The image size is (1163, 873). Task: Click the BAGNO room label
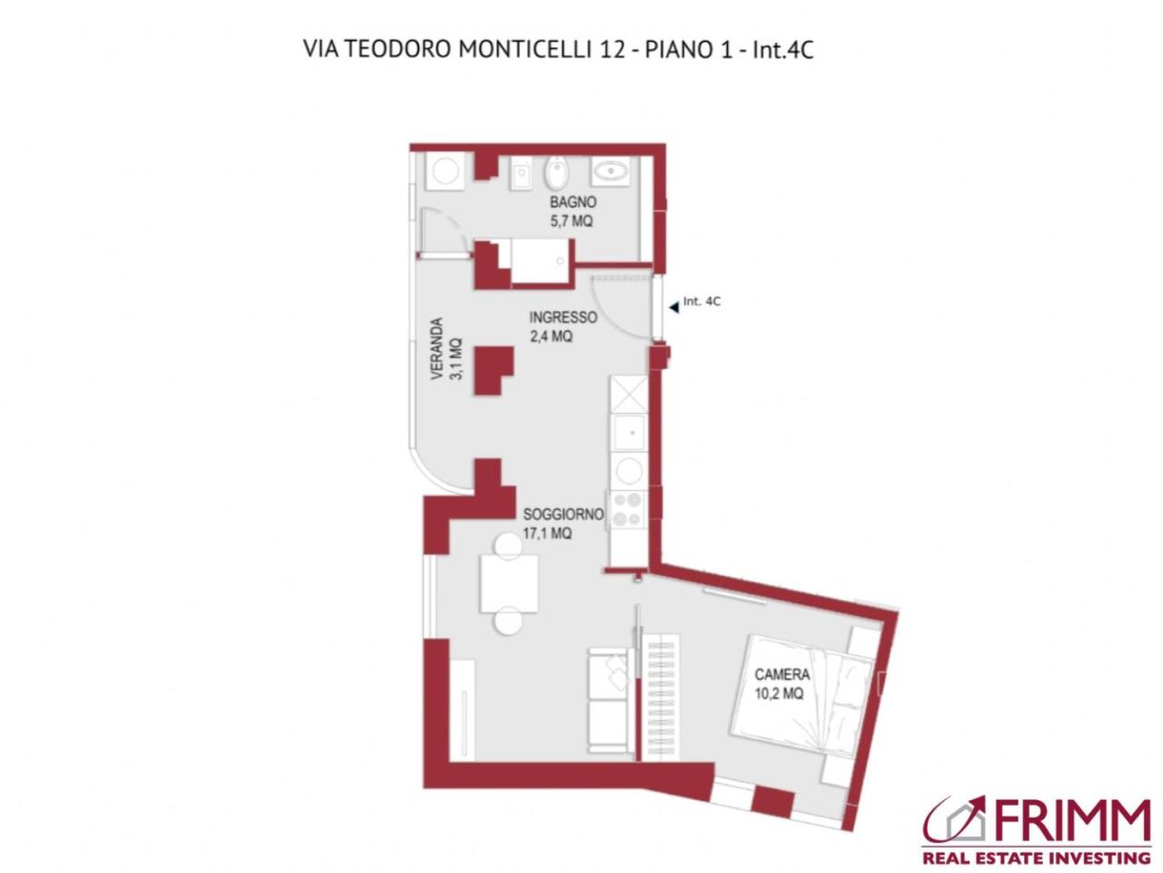point(572,203)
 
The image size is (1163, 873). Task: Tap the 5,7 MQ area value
point(572,221)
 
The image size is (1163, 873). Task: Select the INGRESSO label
point(563,317)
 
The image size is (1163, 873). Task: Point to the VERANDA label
point(437,348)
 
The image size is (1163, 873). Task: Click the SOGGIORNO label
point(563,515)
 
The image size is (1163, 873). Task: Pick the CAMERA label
point(782,675)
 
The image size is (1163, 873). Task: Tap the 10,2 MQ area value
point(779,694)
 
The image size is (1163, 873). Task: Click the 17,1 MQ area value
point(547,534)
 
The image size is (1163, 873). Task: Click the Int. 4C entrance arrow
point(673,307)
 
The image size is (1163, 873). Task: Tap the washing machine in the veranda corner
point(446,171)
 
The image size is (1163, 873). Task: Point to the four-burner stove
point(626,509)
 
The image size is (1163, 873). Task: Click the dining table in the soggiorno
point(509,582)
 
